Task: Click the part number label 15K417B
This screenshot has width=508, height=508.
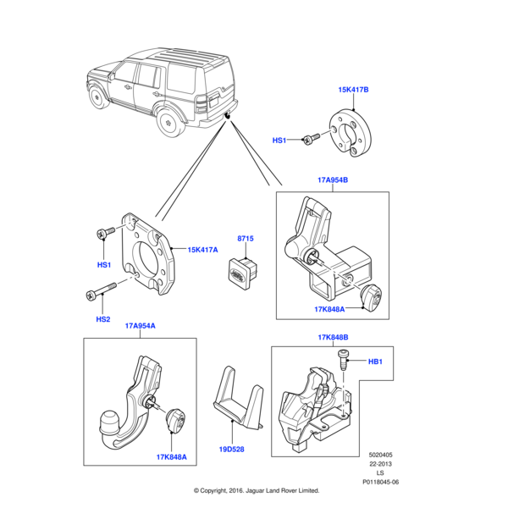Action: coord(354,89)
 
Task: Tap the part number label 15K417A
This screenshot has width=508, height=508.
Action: coord(203,250)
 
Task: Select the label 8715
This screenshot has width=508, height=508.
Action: coord(246,240)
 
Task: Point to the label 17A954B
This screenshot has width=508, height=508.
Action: coord(333,180)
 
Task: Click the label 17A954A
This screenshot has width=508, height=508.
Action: coord(140,326)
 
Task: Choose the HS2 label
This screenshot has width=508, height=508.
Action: coord(102,319)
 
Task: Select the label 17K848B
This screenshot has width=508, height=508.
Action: coord(333,338)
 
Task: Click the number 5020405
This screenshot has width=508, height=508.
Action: coord(381,455)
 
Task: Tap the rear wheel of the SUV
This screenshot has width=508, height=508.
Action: coord(169,124)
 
